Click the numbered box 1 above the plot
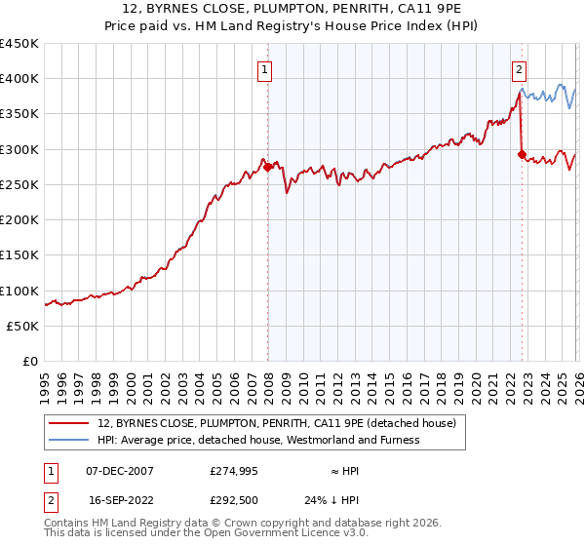tap(265, 69)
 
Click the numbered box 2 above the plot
tap(520, 69)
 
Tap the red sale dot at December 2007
tap(268, 167)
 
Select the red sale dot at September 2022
tap(523, 154)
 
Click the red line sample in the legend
tap(69, 424)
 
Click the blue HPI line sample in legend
tap(69, 441)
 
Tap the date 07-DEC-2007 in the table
tap(120, 471)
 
